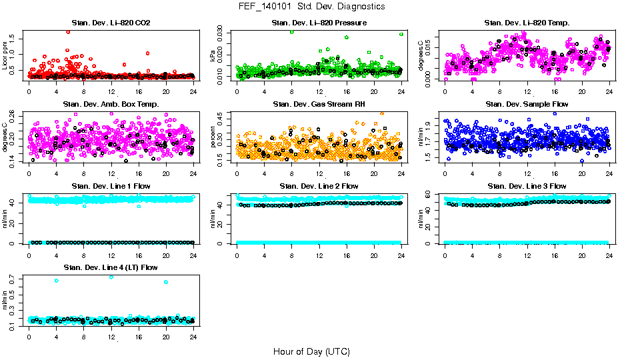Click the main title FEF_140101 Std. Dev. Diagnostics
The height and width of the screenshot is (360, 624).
coord(311,7)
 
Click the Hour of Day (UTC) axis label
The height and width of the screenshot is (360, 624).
coord(311,351)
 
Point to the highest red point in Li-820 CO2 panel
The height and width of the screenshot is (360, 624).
coord(68,32)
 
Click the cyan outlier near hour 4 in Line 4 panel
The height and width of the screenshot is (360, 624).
coord(57,281)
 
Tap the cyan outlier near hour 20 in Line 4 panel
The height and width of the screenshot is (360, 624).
coord(165,282)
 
